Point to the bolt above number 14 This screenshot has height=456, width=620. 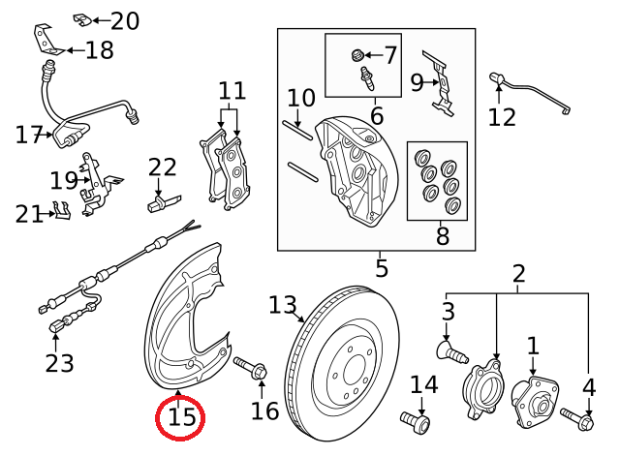pyautogui.click(x=416, y=422)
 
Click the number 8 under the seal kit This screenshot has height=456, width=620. pyautogui.click(x=390, y=55)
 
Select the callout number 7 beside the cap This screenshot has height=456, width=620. pyautogui.click(x=443, y=233)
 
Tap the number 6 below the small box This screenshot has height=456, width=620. pyautogui.click(x=377, y=116)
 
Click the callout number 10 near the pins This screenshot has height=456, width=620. pyautogui.click(x=301, y=98)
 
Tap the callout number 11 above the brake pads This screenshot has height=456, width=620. pyautogui.click(x=232, y=92)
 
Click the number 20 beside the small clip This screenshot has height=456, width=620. pyautogui.click(x=125, y=21)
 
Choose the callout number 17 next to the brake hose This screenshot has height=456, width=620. pyautogui.click(x=29, y=135)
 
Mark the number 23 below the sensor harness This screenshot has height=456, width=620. pyautogui.click(x=59, y=363)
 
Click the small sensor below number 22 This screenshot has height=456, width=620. pyautogui.click(x=161, y=204)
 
